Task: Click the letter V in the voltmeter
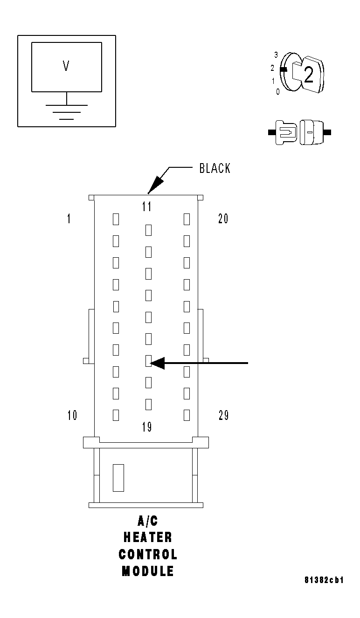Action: pos(66,67)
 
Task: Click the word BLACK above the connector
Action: pos(215,168)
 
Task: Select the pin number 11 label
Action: pos(147,206)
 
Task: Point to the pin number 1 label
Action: pos(69,219)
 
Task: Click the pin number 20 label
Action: pos(223,219)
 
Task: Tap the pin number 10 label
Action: pos(72,415)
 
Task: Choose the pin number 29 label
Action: pos(224,415)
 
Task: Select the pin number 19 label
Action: pos(147,427)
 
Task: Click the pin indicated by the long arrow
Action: pos(148,360)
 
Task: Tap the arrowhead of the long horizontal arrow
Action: pos(158,363)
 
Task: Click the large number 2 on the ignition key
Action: pos(308,76)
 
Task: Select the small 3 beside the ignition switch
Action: pos(276,55)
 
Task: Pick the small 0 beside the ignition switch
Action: pos(278,92)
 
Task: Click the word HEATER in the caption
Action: pos(148,537)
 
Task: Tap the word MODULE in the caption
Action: pos(148,571)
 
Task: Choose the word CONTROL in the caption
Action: pos(148,554)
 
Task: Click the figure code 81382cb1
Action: pos(324,580)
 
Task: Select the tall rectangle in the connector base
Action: pos(118,478)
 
